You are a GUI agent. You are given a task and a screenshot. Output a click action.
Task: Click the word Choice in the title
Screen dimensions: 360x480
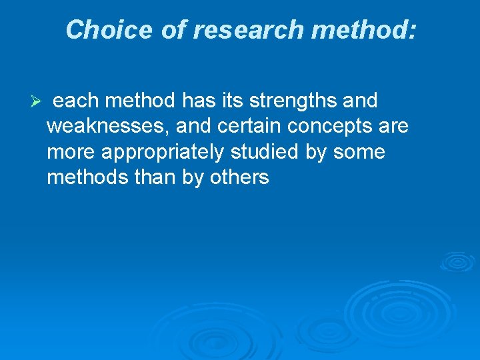[x=110, y=29]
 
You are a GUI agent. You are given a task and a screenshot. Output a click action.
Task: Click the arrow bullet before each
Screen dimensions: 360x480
[x=37, y=101]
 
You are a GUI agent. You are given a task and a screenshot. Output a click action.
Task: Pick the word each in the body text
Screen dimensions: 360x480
[x=75, y=101]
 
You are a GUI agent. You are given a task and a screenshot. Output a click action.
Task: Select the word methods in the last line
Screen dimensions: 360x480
[x=84, y=178]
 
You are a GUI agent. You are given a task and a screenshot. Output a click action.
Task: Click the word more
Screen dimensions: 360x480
[x=71, y=153]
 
